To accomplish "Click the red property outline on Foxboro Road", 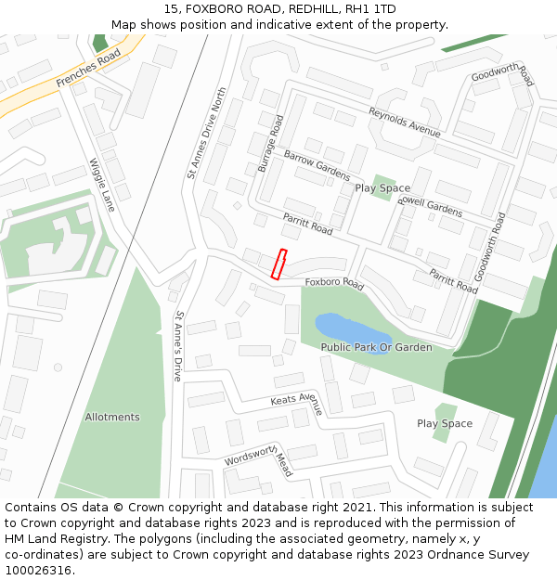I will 278,264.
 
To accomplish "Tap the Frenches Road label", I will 89,69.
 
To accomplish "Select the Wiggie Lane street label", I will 102,185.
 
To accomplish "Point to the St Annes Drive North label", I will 206,133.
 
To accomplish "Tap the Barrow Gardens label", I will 317,164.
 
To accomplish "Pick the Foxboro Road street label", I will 334,282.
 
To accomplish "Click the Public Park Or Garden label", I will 376,347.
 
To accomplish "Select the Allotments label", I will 112,417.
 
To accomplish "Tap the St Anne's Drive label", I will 177,346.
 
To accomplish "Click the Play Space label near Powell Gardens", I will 382,188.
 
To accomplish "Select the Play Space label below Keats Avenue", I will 445,423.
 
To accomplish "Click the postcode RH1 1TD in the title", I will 374,9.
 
